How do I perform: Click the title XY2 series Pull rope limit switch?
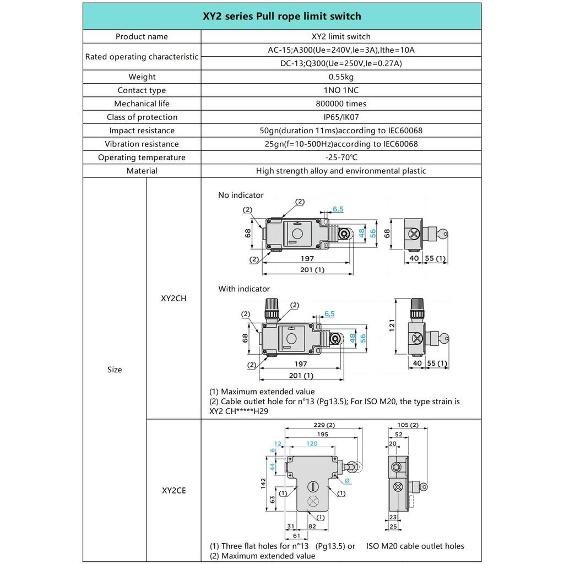[282, 17]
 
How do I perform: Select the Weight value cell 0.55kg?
[341, 77]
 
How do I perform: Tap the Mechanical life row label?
[142, 104]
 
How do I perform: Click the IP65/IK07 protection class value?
[341, 117]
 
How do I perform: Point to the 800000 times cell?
[341, 104]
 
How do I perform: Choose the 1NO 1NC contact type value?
[341, 90]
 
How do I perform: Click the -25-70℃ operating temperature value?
[341, 158]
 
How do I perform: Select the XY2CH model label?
[173, 298]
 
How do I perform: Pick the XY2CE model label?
[173, 490]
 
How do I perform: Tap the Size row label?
[115, 370]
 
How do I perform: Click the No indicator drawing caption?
[241, 195]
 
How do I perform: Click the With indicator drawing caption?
[244, 289]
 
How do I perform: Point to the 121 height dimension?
[392, 327]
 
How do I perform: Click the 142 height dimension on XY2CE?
[264, 482]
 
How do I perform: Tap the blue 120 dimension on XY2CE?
[312, 443]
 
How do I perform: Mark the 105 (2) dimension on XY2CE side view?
[407, 425]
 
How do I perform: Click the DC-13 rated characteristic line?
[341, 63]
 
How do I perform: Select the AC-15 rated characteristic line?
[341, 50]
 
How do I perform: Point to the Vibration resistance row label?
[142, 144]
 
